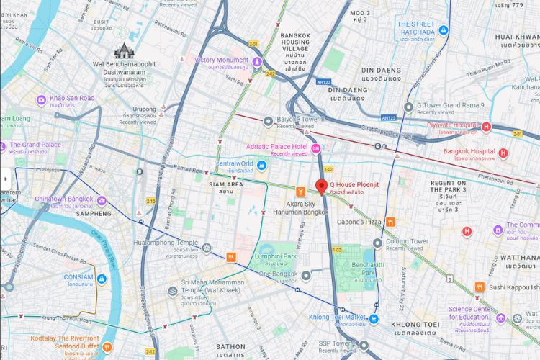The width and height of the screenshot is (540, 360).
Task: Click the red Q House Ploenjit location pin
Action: [321, 186]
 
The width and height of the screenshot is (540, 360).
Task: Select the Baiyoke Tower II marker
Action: [269, 120]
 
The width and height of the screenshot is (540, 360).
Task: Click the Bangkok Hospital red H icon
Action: [503, 152]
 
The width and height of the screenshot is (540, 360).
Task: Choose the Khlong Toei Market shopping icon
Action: [374, 318]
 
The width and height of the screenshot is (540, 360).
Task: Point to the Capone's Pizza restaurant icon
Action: [390, 222]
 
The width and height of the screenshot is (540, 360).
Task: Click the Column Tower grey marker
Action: [390, 242]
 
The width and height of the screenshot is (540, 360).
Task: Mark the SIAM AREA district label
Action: [225, 184]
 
